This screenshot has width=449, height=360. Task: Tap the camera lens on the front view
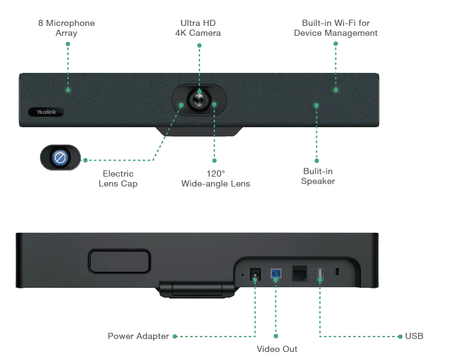click(x=199, y=99)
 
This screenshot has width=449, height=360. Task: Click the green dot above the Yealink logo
click(x=68, y=90)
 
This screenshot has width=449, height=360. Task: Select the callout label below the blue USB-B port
click(x=275, y=350)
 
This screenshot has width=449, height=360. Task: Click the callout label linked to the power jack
click(x=136, y=337)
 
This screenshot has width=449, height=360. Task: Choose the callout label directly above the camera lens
click(x=199, y=28)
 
